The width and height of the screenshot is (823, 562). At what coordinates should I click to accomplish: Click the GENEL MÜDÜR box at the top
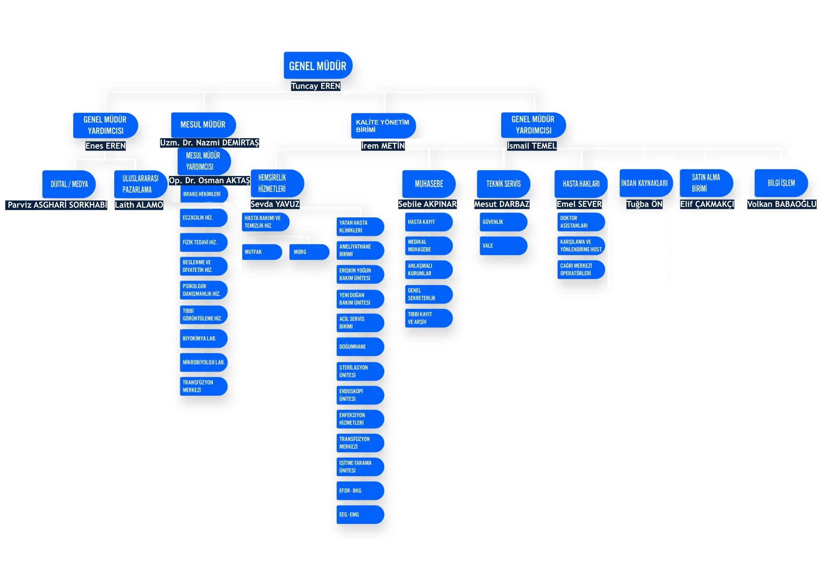tap(317, 65)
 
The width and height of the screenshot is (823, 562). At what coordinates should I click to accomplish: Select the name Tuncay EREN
tap(315, 86)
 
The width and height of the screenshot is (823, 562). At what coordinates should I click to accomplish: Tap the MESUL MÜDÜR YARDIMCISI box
tap(204, 161)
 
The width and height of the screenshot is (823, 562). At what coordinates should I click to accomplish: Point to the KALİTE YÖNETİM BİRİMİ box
tap(383, 126)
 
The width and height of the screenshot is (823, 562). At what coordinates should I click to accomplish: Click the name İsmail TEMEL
tap(532, 146)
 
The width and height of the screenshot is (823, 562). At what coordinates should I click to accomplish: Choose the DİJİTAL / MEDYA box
tap(69, 184)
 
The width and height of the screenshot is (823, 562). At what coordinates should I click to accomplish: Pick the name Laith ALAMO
tap(139, 205)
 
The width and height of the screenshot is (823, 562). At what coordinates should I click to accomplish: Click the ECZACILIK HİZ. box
tap(203, 218)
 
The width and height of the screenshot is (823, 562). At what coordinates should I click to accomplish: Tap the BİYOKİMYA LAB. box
tap(203, 338)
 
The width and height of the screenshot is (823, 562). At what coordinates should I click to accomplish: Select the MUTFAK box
tap(261, 252)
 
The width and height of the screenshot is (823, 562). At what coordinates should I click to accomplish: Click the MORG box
tap(309, 252)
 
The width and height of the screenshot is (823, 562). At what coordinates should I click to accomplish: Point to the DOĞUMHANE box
tap(360, 347)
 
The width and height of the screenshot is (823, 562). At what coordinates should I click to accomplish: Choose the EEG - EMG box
tap(360, 515)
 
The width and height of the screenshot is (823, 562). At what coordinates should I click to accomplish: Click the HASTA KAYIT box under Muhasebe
tap(428, 222)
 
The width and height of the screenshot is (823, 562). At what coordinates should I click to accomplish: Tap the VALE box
tap(503, 245)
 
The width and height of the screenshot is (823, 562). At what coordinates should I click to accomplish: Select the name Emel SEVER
tap(579, 204)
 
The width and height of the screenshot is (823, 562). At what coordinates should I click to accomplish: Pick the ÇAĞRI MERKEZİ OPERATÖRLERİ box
tap(581, 270)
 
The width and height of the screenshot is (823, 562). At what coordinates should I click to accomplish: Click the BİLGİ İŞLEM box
tap(781, 183)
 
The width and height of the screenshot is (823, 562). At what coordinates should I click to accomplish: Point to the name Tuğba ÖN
tap(644, 204)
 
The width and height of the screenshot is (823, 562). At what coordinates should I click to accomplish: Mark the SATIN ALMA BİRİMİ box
tap(706, 183)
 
